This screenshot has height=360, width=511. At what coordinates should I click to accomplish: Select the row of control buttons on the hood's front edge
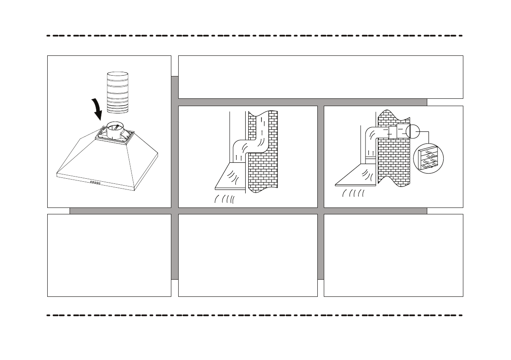coord(95,183)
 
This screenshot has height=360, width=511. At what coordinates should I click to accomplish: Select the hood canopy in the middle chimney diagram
coord(230,177)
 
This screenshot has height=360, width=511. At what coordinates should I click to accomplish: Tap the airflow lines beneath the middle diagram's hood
coord(224,199)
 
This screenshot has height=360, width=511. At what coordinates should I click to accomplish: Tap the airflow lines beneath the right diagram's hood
coord(353,194)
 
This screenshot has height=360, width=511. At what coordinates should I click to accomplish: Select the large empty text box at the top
coord(320,77)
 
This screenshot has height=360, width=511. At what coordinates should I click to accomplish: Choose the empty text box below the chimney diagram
coord(248,255)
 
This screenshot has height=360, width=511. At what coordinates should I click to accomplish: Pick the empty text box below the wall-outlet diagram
coord(393,255)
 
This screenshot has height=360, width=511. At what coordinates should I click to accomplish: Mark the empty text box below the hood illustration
coord(109,255)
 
